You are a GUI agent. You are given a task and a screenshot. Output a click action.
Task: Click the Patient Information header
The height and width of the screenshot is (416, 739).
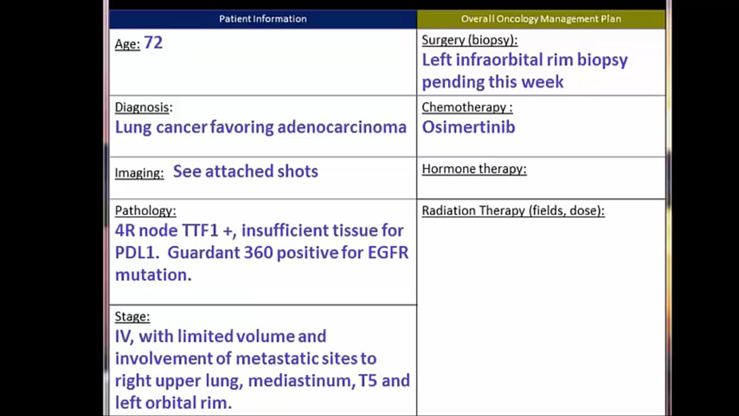pos(263,19)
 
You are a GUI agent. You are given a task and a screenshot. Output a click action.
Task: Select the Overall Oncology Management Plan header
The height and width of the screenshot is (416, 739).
pos(541,19)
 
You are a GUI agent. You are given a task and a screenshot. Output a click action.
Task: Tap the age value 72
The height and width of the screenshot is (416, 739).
pos(153,43)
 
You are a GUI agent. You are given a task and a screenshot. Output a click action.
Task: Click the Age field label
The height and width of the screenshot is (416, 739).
pos(127,44)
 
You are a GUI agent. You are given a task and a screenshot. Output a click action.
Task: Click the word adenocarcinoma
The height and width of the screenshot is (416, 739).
pos(341,127)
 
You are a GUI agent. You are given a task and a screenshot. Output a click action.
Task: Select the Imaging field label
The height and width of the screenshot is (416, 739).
pos(139,173)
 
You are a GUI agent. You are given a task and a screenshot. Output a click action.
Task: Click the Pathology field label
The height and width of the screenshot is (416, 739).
pos(145,210)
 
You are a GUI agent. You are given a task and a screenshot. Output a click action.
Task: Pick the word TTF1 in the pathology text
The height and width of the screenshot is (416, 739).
pos(200,230)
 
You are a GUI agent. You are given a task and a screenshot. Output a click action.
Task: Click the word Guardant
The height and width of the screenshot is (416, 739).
pos(199,253)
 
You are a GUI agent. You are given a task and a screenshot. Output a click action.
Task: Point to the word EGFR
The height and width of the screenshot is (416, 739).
pos(388,253)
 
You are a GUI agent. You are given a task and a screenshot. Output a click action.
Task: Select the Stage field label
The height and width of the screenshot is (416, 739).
pos(132,316)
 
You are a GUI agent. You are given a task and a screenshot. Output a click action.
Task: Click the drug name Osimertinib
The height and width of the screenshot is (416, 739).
pos(468,127)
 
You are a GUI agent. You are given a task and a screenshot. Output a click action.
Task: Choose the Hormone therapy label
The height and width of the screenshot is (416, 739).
pos(474,169)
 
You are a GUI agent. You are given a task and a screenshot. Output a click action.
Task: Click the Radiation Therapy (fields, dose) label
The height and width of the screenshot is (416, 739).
pos(513,210)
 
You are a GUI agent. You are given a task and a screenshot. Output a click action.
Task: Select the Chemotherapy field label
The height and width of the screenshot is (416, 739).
pos(467,107)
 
